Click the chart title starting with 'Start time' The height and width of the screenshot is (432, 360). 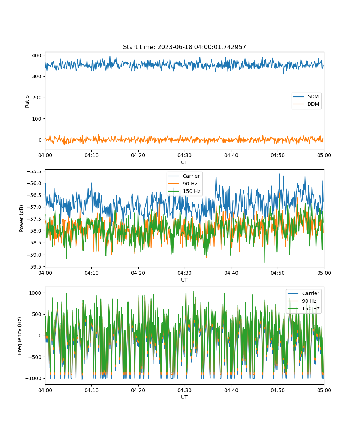pyautogui.click(x=184, y=47)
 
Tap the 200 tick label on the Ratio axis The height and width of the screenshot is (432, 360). pyautogui.click(x=37, y=98)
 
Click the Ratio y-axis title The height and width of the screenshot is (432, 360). pyautogui.click(x=27, y=102)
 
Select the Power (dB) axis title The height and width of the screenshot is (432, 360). pyautogui.click(x=21, y=218)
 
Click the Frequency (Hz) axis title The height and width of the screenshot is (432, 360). pyautogui.click(x=20, y=336)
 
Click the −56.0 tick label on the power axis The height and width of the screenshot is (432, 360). pyautogui.click(x=34, y=183)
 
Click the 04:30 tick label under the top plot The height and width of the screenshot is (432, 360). pyautogui.click(x=185, y=155)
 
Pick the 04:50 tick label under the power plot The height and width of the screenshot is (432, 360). pyautogui.click(x=278, y=273)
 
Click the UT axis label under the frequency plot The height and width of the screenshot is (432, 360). pyautogui.click(x=184, y=397)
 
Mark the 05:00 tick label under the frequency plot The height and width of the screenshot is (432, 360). pyautogui.click(x=324, y=390)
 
